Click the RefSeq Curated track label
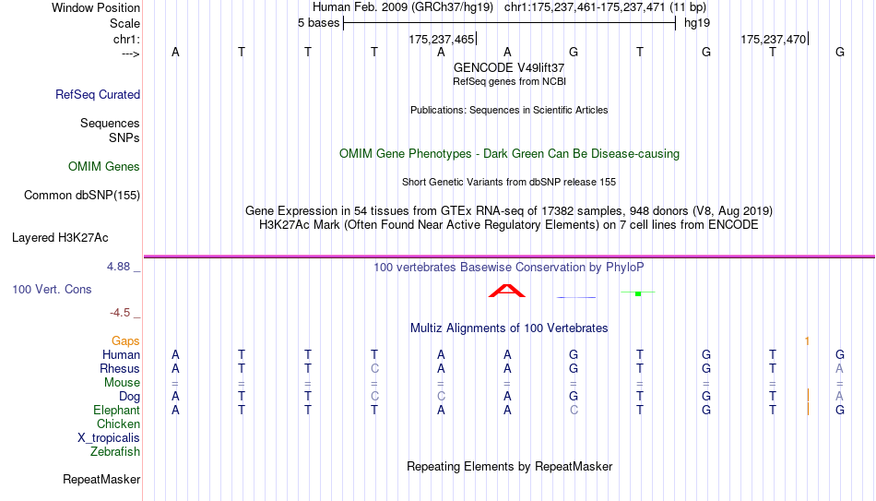98,94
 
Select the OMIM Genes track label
104,167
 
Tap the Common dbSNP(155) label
82,196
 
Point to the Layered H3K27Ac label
60,238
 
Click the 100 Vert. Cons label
52,289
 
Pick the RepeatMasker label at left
101,479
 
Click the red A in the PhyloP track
507,291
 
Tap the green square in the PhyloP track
638,293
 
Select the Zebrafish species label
115,451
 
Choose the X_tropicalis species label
109,438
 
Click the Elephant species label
116,410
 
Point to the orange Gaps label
125,340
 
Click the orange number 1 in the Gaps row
807,340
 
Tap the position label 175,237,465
441,39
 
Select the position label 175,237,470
774,39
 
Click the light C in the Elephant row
574,410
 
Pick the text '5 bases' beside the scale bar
318,23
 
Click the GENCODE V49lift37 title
509,67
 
